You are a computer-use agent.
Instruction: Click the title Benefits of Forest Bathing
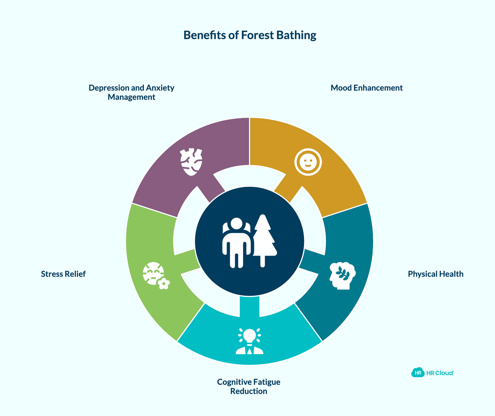(x=250, y=36)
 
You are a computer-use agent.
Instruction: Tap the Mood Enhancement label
(x=367, y=88)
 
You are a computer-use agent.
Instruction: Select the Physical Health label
(x=436, y=274)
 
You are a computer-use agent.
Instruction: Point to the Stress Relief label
(x=63, y=274)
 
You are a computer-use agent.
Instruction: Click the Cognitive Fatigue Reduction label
(x=249, y=387)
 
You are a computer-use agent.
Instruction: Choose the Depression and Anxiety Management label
(x=131, y=92)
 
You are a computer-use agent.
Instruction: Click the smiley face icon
(x=308, y=162)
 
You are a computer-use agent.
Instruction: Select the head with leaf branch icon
(x=342, y=276)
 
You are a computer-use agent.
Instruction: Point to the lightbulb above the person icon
(x=250, y=336)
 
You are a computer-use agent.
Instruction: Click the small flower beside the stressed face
(x=164, y=284)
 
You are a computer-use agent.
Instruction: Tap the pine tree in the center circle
(x=264, y=241)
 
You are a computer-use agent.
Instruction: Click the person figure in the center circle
(x=237, y=243)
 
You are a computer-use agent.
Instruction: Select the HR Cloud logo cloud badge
(x=418, y=373)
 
